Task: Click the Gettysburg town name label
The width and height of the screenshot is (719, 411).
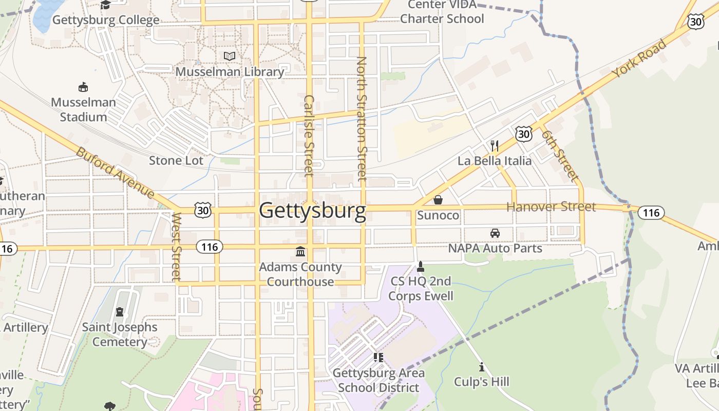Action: (312, 211)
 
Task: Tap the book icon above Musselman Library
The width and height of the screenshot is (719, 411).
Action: (230, 56)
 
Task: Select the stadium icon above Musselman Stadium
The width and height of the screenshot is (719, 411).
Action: (83, 87)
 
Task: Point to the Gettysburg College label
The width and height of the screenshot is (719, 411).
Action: (106, 21)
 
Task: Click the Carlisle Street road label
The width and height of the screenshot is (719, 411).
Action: (309, 136)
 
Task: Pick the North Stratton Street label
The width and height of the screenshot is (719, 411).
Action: (362, 119)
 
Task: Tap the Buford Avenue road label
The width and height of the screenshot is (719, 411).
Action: (116, 173)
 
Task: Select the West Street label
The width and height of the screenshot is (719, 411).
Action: (177, 247)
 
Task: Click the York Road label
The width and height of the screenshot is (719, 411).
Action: (639, 58)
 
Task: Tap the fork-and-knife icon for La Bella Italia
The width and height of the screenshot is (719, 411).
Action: (495, 146)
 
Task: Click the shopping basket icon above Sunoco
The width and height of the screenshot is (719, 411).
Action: (438, 200)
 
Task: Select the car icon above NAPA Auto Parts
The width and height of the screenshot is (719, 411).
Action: (495, 233)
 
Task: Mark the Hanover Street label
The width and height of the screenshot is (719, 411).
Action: (551, 207)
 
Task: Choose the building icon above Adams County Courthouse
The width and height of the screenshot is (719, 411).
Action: (300, 252)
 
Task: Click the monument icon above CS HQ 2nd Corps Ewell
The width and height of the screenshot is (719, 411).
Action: (421, 266)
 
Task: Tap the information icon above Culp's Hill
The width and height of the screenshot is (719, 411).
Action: (482, 367)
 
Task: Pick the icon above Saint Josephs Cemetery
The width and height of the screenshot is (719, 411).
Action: (120, 312)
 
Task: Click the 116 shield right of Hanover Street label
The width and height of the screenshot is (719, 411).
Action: (651, 212)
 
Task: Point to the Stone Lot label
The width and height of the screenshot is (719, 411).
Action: (176, 161)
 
